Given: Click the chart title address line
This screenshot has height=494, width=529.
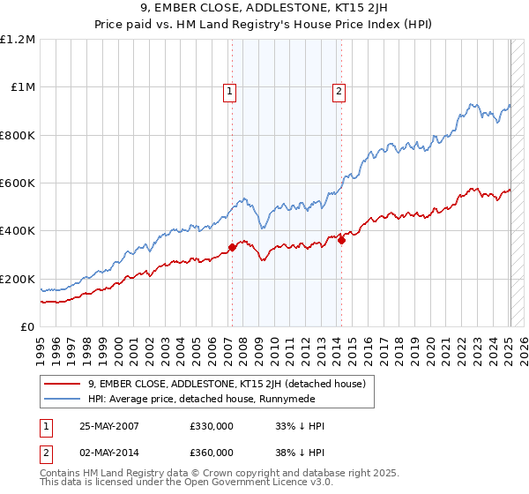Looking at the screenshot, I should pos(264,11).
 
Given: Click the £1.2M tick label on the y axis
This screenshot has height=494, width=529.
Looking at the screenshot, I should pos(18,40).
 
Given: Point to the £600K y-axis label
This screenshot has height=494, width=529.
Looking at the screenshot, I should pos(18,183).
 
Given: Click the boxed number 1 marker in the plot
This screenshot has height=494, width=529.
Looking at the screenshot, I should pos(229,89).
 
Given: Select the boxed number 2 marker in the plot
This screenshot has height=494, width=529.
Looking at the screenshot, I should pos(339,89).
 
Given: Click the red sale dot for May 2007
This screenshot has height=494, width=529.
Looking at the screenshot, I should pos(233,248).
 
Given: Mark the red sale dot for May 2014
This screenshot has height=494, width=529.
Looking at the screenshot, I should pos(341,241).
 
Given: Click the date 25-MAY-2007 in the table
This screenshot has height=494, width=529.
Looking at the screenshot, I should pos(109,426).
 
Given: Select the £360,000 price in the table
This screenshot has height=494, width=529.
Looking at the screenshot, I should pos(212,452).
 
